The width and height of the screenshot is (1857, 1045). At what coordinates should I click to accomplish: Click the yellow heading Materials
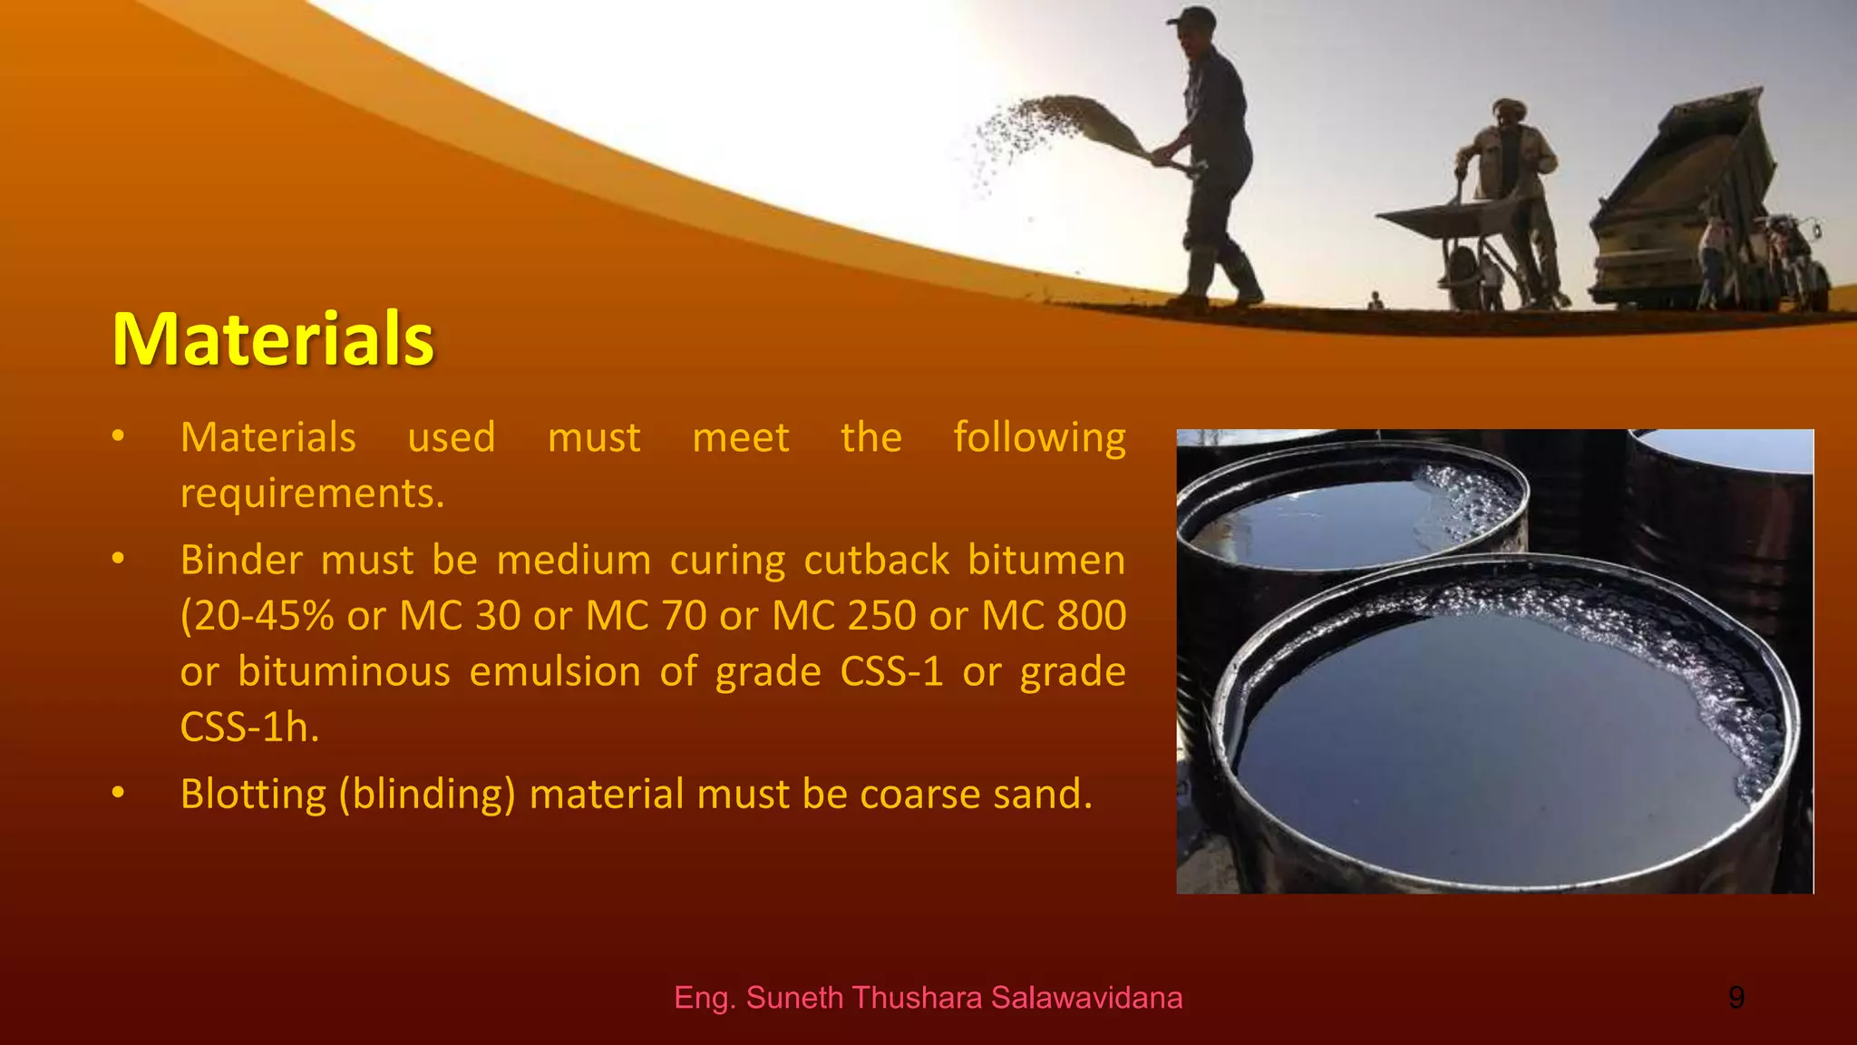pos(273,339)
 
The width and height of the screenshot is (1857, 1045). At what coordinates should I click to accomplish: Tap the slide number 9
pos(1735,998)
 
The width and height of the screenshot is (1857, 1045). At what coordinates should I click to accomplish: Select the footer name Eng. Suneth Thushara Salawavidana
pos(928,998)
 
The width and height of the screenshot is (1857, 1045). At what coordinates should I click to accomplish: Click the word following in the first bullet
pos(1039,438)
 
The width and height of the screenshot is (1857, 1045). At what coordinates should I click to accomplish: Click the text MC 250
pos(843,616)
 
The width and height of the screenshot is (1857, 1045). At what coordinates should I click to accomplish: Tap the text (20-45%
pos(257,616)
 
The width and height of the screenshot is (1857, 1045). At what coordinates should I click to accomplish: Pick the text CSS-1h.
pos(249,728)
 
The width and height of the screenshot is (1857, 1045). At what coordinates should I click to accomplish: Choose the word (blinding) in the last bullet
pos(427,795)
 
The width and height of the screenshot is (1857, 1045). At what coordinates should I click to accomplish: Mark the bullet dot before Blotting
pos(118,793)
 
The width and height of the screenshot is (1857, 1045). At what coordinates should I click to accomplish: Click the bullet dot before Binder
pos(118,559)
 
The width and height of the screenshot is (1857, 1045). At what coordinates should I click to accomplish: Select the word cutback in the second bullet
pos(876,560)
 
